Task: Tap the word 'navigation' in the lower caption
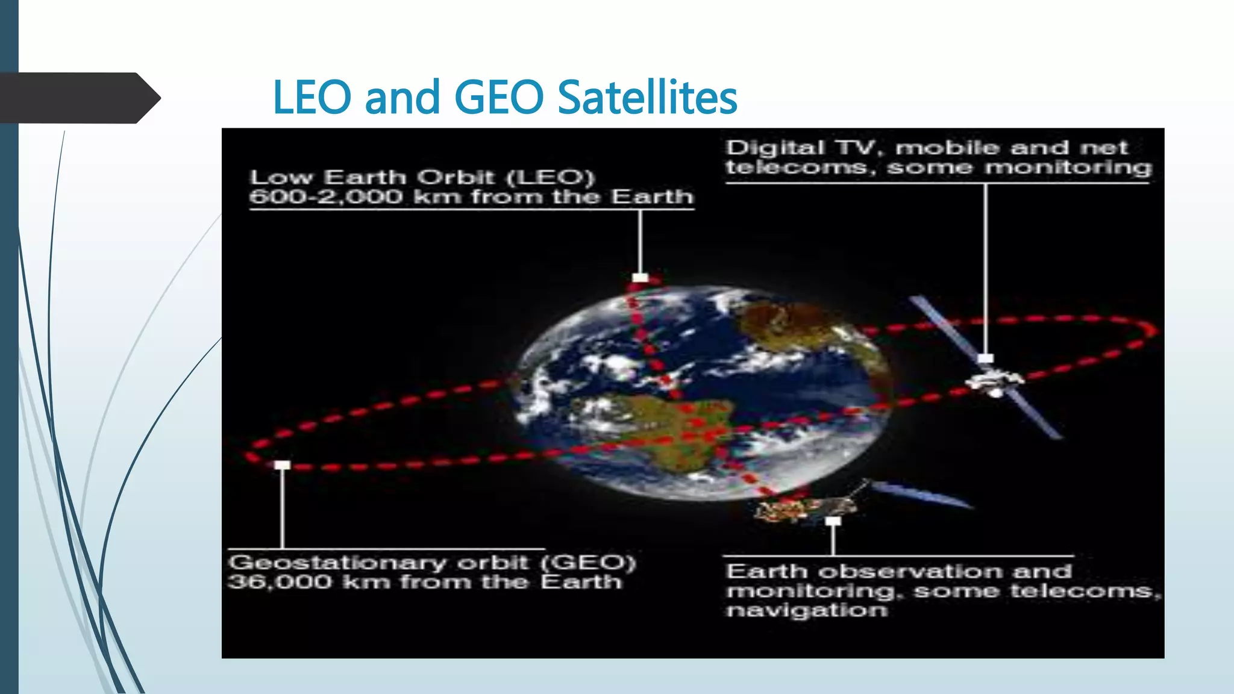coord(807,610)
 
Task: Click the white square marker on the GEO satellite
coord(985,358)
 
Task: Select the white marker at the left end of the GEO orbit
coord(282,465)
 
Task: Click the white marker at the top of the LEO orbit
coord(640,278)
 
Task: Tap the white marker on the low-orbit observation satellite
coord(833,520)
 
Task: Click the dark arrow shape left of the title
coord(78,98)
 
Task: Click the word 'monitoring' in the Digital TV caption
coord(1068,167)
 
